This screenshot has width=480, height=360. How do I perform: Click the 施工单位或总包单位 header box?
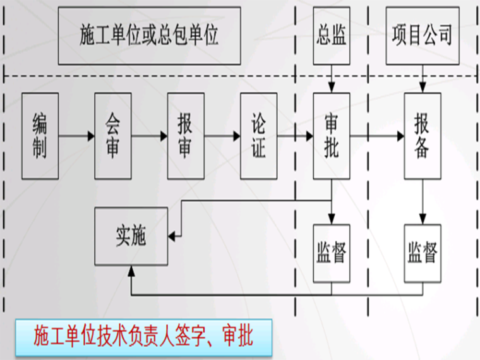[149, 35]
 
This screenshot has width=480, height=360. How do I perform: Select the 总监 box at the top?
[332, 35]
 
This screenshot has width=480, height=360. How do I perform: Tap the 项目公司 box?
[423, 35]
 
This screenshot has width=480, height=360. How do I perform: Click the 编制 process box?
[40, 135]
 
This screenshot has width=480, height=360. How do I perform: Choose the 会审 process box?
[113, 135]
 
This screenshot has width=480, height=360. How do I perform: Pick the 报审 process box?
[186, 135]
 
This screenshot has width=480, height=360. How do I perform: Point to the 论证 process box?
[258, 135]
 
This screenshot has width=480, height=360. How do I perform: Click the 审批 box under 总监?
[332, 135]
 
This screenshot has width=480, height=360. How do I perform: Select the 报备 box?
[423, 135]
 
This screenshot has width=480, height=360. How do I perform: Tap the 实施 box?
[131, 236]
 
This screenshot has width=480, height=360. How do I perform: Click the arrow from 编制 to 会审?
[76, 135]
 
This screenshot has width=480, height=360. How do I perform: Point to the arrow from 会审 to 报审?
[150, 135]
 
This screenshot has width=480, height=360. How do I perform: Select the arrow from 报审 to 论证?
[222, 135]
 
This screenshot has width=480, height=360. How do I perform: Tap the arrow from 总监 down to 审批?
[332, 78]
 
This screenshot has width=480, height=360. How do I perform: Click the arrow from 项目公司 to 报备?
[423, 78]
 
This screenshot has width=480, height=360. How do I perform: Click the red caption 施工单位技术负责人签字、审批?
[143, 336]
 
